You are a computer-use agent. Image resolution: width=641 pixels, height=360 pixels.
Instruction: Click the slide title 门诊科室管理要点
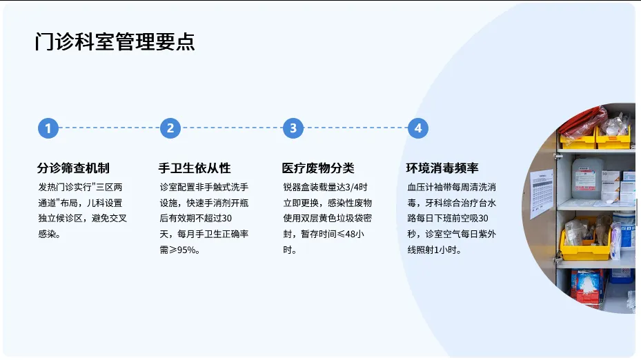[115, 41]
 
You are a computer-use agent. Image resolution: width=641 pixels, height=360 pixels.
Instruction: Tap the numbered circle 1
[48, 128]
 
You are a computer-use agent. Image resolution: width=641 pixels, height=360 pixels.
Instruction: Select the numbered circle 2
[170, 128]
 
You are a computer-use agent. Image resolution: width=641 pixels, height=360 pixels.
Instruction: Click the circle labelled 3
[293, 128]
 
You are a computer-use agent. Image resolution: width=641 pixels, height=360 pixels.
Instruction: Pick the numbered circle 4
[417, 128]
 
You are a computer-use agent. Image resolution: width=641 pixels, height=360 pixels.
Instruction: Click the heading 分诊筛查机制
[73, 168]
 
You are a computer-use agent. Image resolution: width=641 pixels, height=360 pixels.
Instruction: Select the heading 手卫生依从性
[195, 168]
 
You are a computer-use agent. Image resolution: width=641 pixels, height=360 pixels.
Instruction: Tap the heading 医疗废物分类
[318, 168]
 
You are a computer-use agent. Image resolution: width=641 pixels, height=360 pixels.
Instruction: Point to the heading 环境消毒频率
[442, 168]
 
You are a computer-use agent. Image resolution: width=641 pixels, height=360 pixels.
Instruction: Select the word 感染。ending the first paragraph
[49, 234]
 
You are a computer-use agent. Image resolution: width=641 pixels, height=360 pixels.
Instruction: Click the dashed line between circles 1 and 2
[108, 128]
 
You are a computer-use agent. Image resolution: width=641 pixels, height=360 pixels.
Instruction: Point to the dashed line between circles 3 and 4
[355, 128]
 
